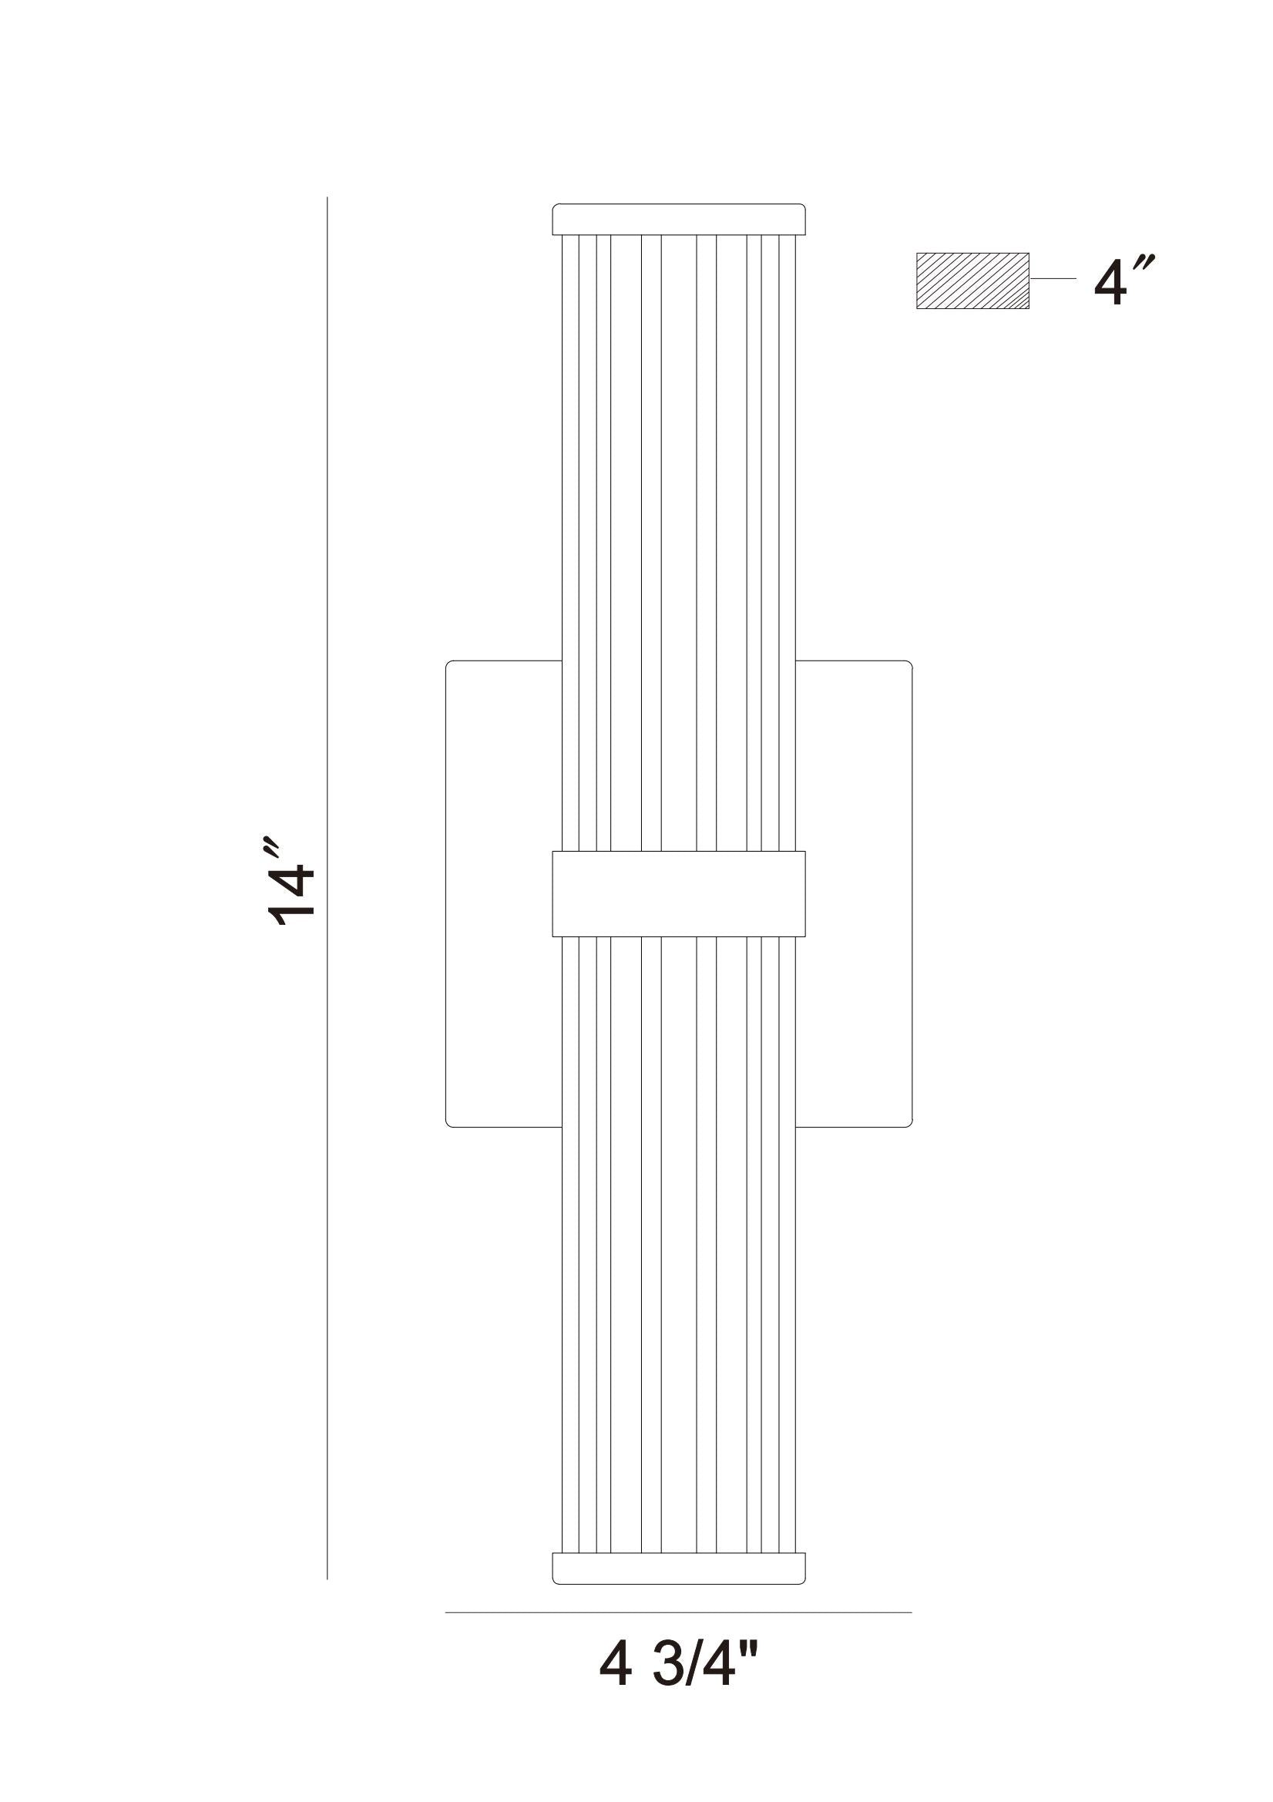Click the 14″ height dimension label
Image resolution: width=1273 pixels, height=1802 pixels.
click(291, 883)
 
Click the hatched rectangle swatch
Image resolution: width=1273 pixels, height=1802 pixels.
click(972, 281)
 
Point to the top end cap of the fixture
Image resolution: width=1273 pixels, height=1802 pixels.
click(679, 219)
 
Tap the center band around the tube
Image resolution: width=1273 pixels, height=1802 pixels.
click(679, 894)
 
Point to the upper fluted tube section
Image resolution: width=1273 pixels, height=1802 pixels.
click(679, 542)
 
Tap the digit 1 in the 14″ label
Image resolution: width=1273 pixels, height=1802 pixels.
click(292, 912)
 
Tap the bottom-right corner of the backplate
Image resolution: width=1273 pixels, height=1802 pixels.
click(908, 1123)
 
